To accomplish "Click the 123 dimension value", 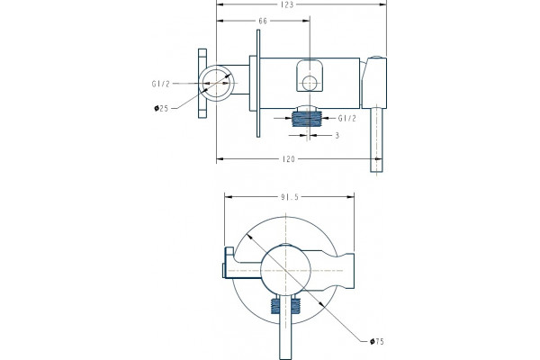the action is coord(287,4).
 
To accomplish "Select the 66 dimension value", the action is coord(263,21).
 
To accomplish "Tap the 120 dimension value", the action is coord(289,159).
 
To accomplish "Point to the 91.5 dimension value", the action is coord(290,197).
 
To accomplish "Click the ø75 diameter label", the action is coord(376,342).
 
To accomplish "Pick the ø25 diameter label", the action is coord(161,109).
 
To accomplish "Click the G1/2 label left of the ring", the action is coord(161,84).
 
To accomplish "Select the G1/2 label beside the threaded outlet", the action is coord(346,119).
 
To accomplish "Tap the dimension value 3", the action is coord(337,135).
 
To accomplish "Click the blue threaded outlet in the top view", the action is coord(307,119).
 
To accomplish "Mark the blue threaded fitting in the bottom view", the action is coord(285,306).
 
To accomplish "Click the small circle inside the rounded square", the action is coord(310,84).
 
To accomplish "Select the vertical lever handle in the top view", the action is coord(376,139).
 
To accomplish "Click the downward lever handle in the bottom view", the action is coord(285,327).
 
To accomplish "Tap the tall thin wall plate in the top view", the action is coord(258,84).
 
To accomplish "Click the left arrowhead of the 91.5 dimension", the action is coord(229,197).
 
